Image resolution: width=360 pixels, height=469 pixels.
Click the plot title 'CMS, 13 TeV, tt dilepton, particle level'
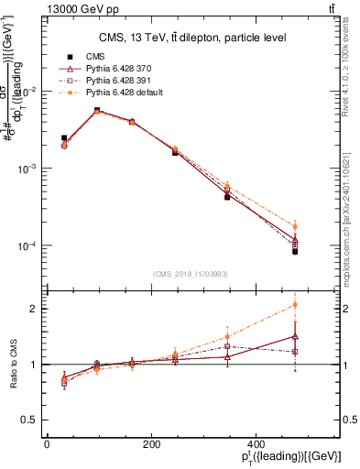[x=192, y=38]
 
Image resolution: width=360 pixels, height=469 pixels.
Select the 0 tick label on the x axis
[x=48, y=442]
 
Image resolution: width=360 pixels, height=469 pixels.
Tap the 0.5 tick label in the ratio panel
[x=30, y=420]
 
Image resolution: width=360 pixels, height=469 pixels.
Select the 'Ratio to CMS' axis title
[x=12, y=364]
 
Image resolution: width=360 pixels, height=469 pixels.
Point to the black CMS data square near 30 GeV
[x=63, y=138]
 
